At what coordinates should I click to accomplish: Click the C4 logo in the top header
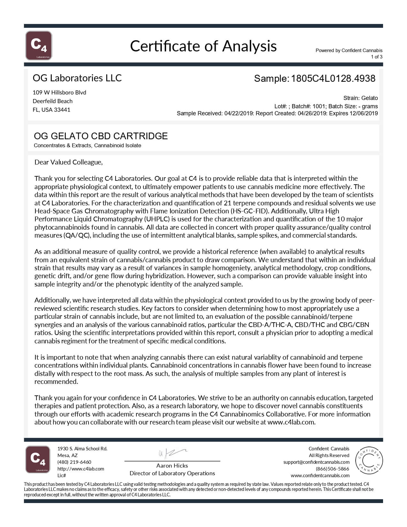(x=39, y=45)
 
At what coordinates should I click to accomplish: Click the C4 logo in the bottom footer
(x=38, y=460)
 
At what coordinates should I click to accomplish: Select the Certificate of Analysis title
(x=203, y=46)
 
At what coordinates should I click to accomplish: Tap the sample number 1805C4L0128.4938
(x=333, y=79)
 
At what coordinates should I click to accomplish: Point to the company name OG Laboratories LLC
(x=77, y=78)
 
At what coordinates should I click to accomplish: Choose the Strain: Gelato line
(x=360, y=98)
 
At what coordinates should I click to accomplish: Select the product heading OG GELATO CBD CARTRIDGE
(x=101, y=136)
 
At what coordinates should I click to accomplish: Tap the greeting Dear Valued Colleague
(x=68, y=162)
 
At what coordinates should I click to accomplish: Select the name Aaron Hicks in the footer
(x=172, y=466)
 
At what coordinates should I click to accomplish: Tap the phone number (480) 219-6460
(x=74, y=462)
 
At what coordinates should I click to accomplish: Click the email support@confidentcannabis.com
(x=316, y=462)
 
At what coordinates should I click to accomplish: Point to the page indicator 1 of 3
(x=376, y=57)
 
